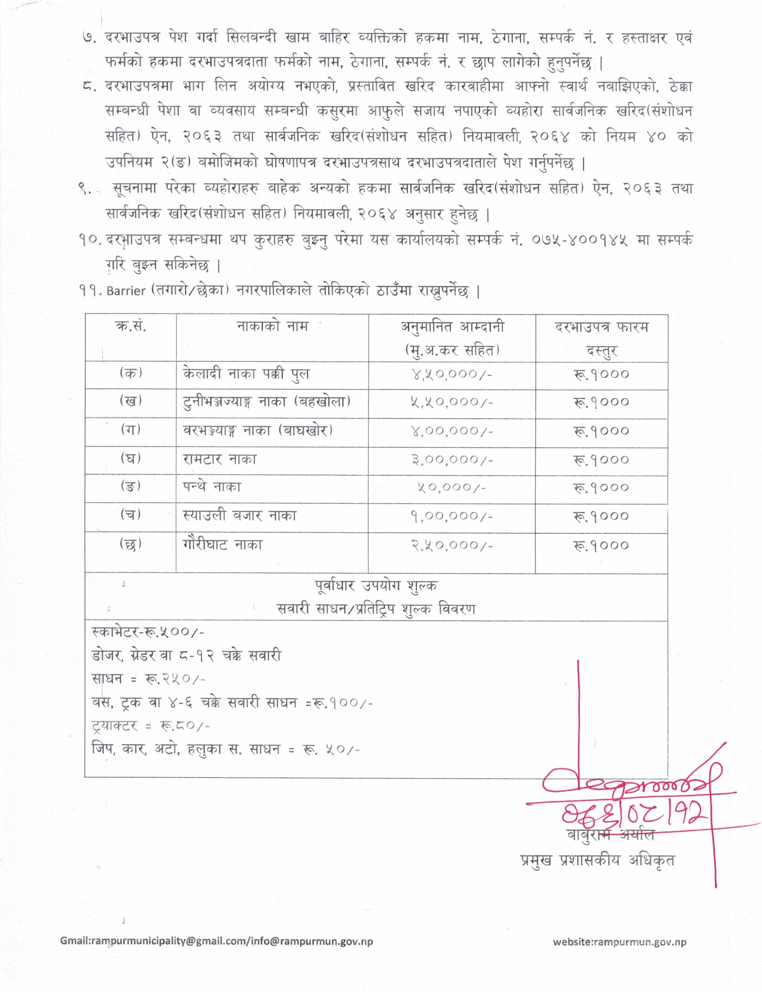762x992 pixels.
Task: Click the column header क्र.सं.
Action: pyautogui.click(x=131, y=327)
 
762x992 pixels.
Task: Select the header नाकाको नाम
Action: pyautogui.click(x=272, y=327)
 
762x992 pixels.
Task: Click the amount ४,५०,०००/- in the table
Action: pyautogui.click(x=452, y=374)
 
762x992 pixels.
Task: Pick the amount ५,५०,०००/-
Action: pyautogui.click(x=452, y=402)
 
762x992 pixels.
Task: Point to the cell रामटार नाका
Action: pyautogui.click(x=219, y=459)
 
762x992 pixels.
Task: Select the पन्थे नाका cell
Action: pyautogui.click(x=212, y=487)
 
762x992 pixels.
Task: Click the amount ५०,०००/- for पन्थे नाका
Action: pyautogui.click(x=452, y=488)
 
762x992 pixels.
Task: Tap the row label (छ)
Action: pyautogui.click(x=131, y=544)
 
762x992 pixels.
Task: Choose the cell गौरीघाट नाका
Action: pyautogui.click(x=222, y=544)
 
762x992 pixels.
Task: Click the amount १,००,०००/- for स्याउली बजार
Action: pyautogui.click(x=452, y=516)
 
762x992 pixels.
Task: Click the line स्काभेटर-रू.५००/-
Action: pyautogui.click(x=148, y=632)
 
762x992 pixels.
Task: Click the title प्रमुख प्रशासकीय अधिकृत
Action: pyautogui.click(x=597, y=860)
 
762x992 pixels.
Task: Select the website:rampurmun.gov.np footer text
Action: pyautogui.click(x=619, y=942)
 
